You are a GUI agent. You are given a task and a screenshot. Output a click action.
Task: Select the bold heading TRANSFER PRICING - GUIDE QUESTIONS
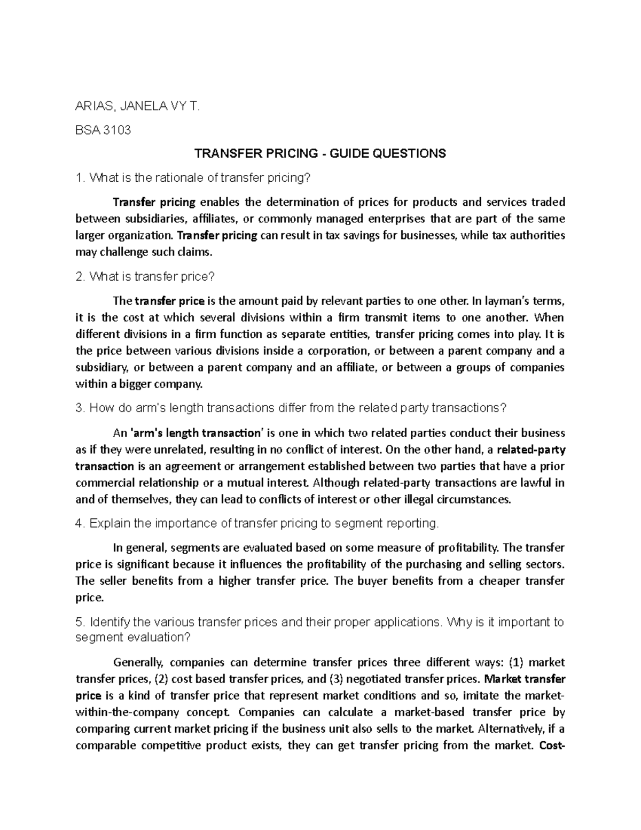tap(320, 154)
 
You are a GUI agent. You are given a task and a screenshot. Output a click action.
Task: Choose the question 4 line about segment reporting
tap(257, 523)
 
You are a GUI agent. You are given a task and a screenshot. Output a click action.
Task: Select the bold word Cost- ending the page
tap(552, 746)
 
